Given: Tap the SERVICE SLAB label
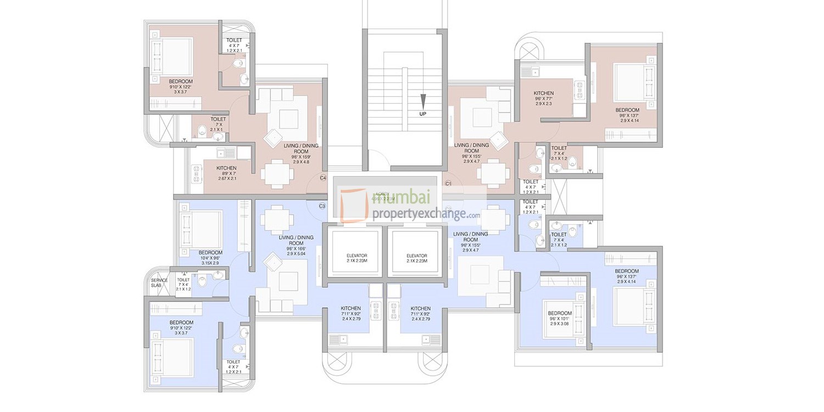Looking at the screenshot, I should point(159,283).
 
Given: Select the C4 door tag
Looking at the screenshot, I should point(323,178).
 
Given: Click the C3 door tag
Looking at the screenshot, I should point(322,206).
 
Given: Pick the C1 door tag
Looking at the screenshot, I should point(448,183).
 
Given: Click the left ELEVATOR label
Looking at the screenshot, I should point(357,256).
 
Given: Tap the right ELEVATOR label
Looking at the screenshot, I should point(416,256).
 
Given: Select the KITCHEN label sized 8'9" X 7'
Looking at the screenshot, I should point(226,168).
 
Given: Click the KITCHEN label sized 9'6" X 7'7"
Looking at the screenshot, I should point(543,93).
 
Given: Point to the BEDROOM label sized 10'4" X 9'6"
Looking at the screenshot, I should point(211,253).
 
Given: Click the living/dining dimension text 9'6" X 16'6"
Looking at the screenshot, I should point(296,248).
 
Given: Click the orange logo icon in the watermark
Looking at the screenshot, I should point(353,205).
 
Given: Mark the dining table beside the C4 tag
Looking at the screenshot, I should point(276,175).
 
